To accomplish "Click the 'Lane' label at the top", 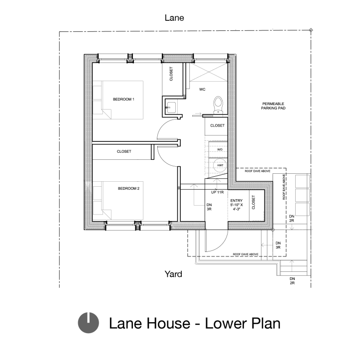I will [174, 18].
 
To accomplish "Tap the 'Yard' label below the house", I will [173, 274].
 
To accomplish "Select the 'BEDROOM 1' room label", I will [123, 100].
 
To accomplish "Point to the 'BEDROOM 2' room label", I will [128, 189].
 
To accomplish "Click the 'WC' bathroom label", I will [203, 90].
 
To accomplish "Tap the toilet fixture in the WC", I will [218, 104].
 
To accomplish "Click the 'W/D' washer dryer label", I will [220, 149].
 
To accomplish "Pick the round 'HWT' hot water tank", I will [220, 166].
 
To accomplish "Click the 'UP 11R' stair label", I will [217, 192].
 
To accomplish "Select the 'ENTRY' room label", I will [237, 201].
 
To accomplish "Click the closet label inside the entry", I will [253, 202].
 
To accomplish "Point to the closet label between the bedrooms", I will [124, 151].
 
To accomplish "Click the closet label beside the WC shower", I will [171, 74].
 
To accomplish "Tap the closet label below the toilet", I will [217, 125].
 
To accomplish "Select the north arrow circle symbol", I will [88, 323].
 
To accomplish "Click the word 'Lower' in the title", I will [218, 323].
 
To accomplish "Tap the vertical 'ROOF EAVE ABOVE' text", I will [284, 187].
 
